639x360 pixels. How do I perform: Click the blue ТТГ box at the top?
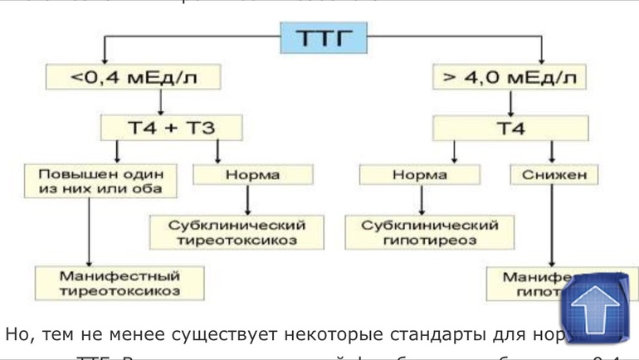pyautogui.click(x=324, y=37)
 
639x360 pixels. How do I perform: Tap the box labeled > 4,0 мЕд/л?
pyautogui.click(x=510, y=78)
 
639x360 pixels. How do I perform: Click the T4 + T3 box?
pyautogui.click(x=172, y=128)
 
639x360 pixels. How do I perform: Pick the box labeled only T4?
pyautogui.click(x=510, y=128)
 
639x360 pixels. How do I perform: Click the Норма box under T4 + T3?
pyautogui.click(x=252, y=174)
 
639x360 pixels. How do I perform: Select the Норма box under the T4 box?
pyautogui.click(x=419, y=174)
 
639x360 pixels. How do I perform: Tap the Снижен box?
pyautogui.click(x=554, y=174)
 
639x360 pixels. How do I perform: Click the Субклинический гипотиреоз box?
pyautogui.click(x=429, y=231)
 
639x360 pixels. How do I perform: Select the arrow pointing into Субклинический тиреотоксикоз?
pyautogui.click(x=248, y=200)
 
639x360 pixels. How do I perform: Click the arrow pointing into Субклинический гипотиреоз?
pyautogui.click(x=422, y=200)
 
